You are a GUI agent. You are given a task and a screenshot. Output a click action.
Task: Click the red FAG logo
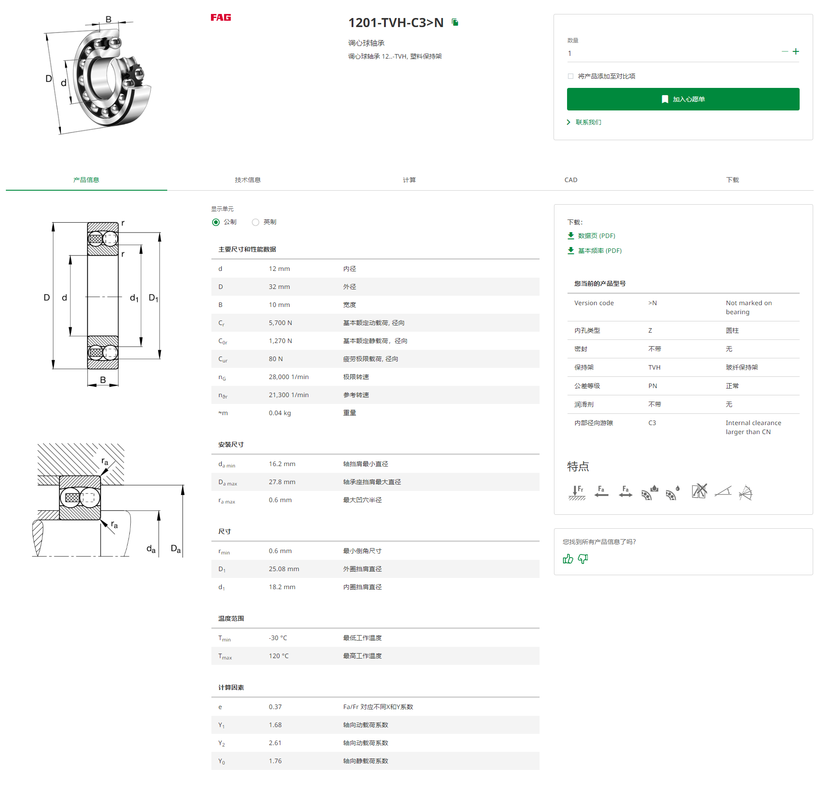pyautogui.click(x=220, y=18)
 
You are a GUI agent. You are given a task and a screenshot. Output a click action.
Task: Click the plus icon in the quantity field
pyautogui.click(x=796, y=51)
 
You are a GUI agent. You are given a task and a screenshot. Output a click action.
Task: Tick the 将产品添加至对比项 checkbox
pyautogui.click(x=571, y=76)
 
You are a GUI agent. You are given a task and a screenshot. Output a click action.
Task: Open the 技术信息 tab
pyautogui.click(x=247, y=180)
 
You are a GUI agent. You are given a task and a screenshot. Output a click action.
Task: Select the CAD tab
pyautogui.click(x=571, y=180)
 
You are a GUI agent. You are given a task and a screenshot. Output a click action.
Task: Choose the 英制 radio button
pyautogui.click(x=256, y=222)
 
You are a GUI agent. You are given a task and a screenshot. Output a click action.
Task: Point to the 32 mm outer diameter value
pyautogui.click(x=279, y=287)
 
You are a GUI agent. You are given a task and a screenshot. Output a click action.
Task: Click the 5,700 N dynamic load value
pyautogui.click(x=280, y=323)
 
